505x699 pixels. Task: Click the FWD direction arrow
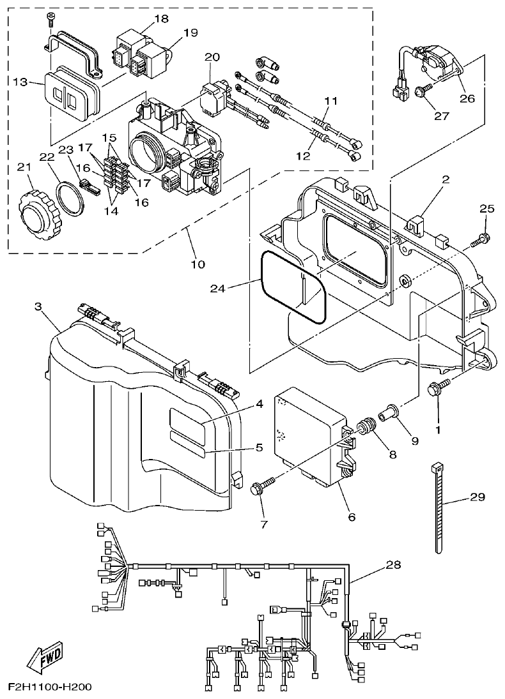click(44, 658)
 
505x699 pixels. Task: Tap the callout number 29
click(478, 497)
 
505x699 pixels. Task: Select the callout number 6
click(352, 517)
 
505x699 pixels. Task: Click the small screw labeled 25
click(480, 241)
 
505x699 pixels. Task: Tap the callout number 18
click(160, 19)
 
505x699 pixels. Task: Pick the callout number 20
click(212, 57)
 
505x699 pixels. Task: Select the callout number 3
click(38, 307)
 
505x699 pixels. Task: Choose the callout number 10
click(198, 264)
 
